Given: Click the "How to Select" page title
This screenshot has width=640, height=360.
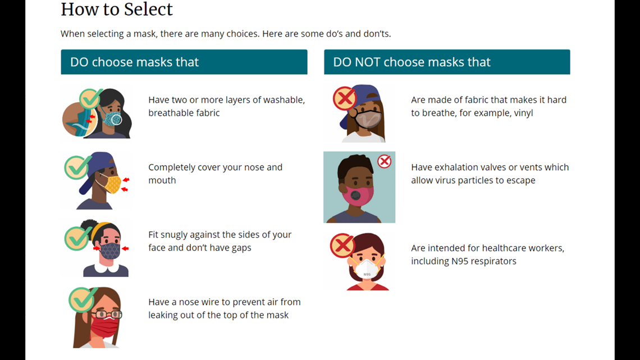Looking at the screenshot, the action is [117, 9].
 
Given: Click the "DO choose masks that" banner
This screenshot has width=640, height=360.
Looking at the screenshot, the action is [184, 62].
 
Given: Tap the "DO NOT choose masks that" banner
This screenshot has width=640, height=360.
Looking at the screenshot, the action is [447, 62].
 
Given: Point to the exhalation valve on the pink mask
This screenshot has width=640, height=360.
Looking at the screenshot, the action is [356, 195].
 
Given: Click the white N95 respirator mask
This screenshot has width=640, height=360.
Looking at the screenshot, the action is [367, 268].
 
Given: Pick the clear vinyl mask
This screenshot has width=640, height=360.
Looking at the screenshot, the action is [368, 119].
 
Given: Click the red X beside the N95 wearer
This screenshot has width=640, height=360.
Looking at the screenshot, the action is [342, 245].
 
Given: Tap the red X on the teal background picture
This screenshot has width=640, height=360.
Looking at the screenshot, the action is [384, 162].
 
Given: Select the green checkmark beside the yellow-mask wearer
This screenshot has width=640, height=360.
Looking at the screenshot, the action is [76, 167].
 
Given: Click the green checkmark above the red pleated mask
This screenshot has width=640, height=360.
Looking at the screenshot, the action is [83, 299].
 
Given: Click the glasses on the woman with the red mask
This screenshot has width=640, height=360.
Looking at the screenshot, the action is [107, 315].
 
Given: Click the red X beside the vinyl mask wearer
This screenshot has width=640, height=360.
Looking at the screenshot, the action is [345, 98].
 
